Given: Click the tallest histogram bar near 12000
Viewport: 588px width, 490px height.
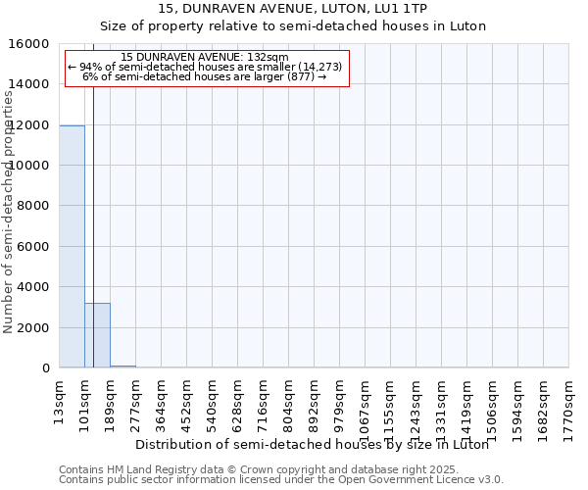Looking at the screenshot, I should point(72,245).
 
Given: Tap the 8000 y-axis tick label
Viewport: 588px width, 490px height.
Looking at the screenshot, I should point(36,206).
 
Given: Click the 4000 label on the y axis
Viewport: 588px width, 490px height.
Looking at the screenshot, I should point(36,287).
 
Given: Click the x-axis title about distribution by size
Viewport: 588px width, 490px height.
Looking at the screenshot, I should point(312,444).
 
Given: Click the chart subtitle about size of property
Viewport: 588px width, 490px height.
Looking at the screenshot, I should point(293,26).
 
